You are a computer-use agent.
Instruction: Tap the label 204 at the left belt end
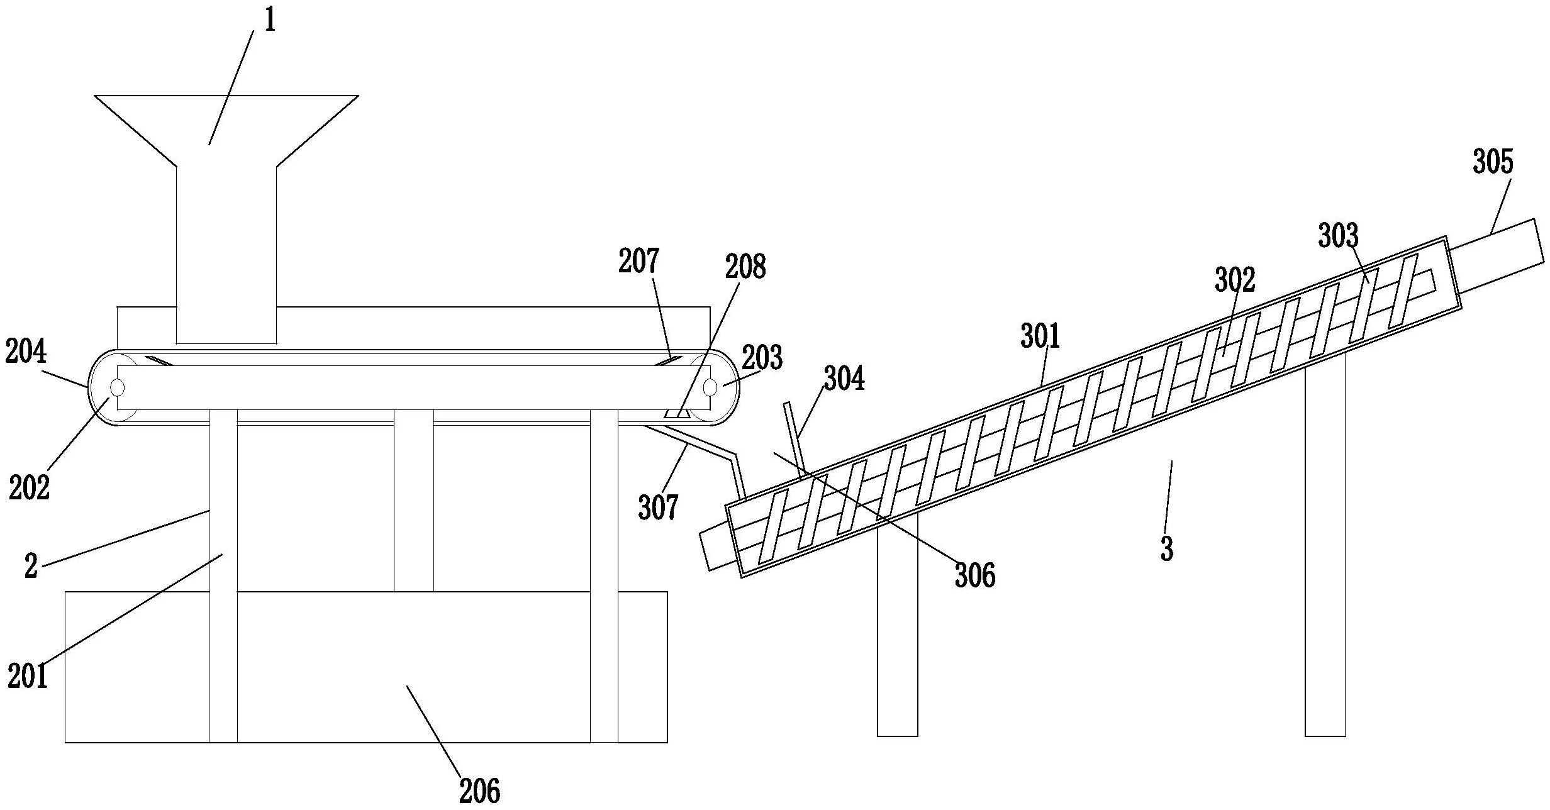26,352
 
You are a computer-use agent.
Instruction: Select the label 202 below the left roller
29,487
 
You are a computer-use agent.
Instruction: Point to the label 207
638,261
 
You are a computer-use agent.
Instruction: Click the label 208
745,267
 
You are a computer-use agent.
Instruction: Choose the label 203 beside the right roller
762,357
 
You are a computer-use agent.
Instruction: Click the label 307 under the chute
659,507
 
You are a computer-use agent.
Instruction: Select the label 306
975,575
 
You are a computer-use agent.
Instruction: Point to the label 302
1235,280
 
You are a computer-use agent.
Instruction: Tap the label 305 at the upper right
1493,162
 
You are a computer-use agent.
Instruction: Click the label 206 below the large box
480,791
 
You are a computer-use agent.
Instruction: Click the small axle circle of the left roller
118,387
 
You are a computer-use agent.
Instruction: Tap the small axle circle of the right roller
710,387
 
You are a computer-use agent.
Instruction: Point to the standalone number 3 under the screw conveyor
1167,548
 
